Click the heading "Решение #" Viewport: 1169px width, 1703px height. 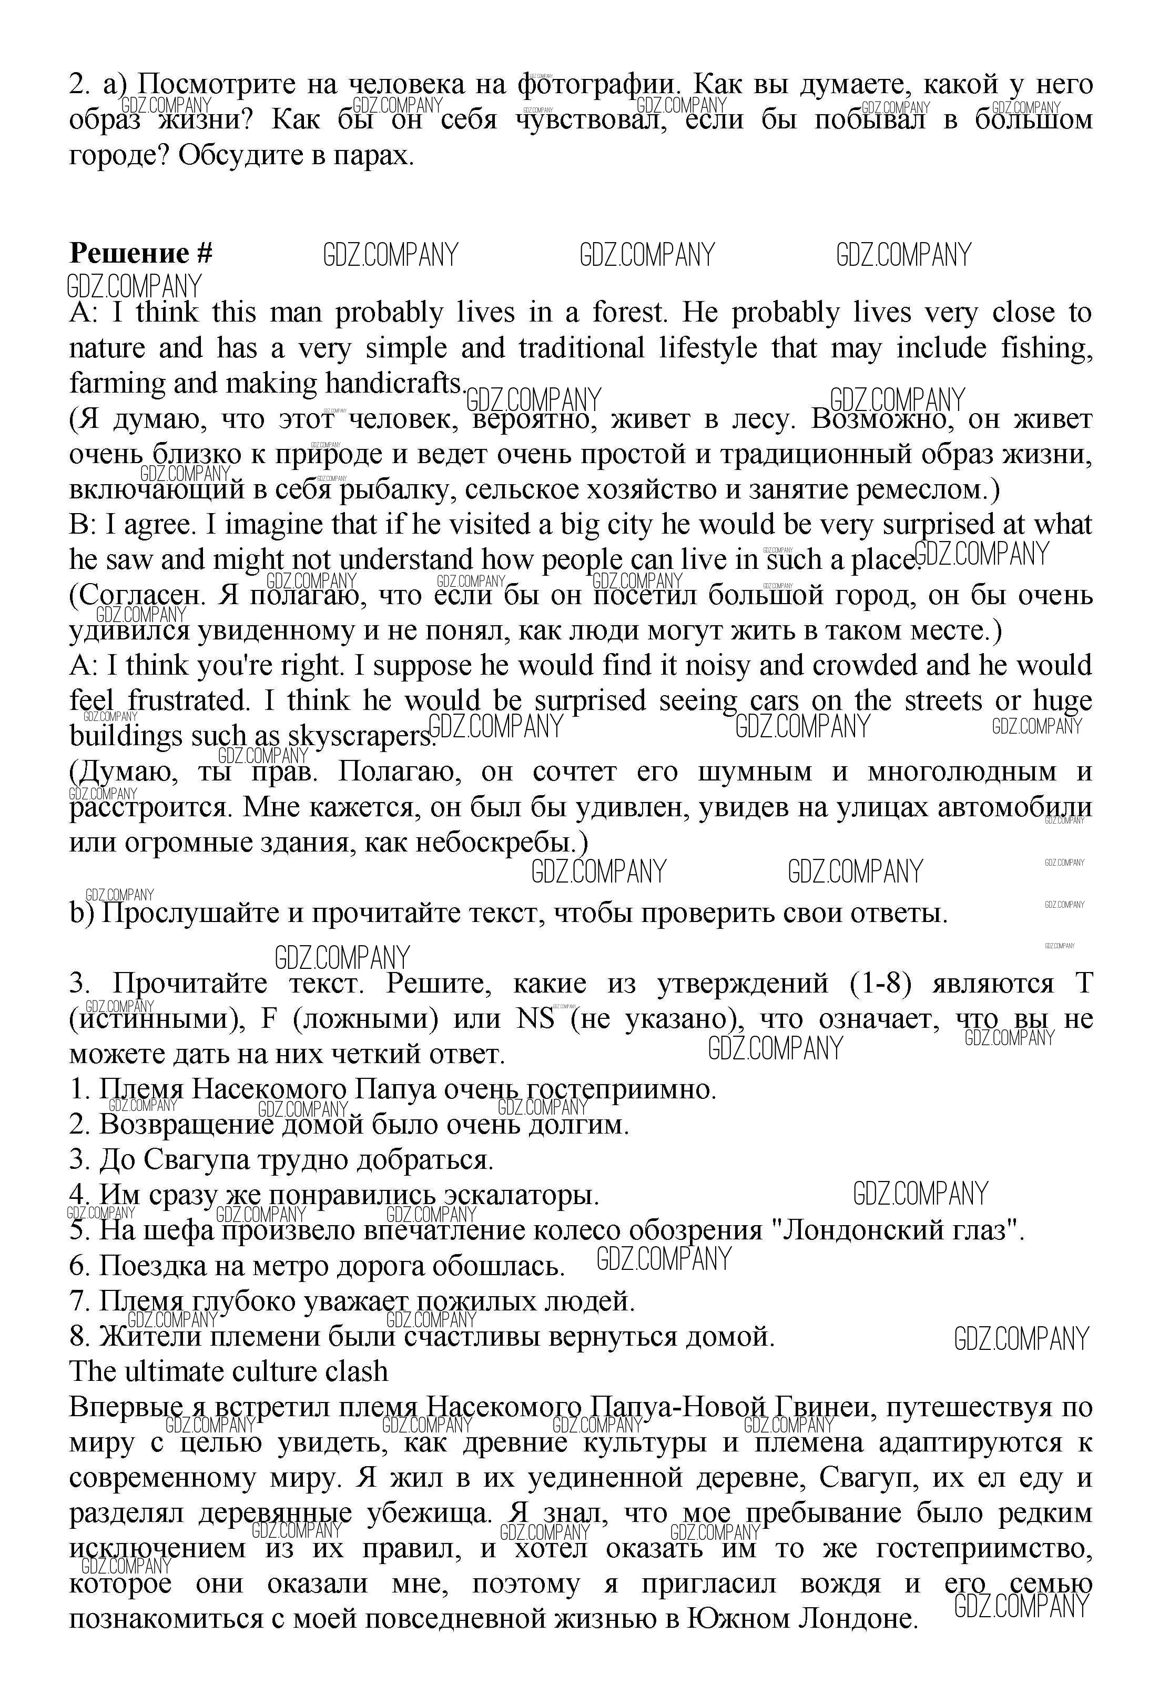[140, 254]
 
